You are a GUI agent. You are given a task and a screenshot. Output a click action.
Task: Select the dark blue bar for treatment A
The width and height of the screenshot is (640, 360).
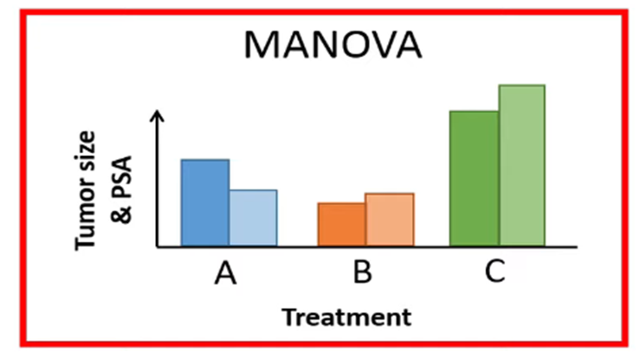point(204,203)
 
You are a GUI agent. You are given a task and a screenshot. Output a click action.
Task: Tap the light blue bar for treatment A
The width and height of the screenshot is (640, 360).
point(253,218)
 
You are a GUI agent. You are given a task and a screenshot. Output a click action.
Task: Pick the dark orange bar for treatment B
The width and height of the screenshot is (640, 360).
point(341,225)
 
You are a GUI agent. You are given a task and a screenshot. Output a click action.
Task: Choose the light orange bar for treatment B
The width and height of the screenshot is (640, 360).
point(390,220)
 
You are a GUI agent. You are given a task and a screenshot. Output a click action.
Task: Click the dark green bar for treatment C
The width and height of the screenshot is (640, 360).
point(474,178)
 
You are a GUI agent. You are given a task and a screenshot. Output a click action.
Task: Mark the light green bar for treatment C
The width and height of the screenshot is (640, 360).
point(521,165)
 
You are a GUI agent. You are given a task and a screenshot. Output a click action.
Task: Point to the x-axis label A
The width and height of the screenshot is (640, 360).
point(225,273)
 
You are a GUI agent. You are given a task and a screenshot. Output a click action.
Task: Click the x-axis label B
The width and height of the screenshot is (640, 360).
point(363,273)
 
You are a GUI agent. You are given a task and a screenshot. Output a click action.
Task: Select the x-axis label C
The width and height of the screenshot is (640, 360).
point(495,273)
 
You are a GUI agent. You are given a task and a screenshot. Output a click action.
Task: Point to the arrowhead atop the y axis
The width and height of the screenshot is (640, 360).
point(157,116)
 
